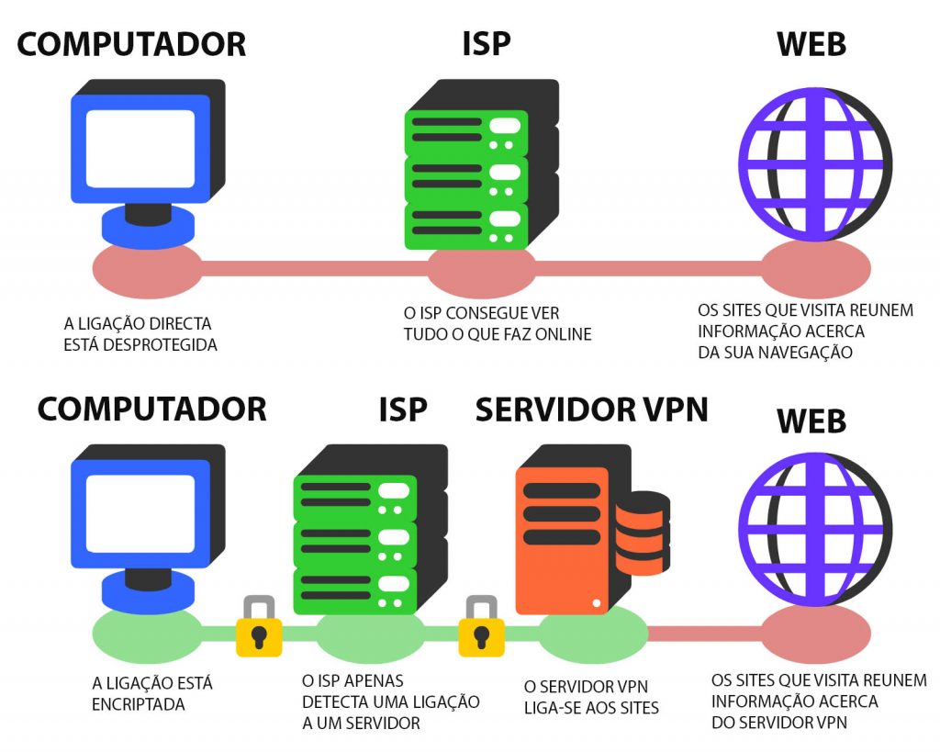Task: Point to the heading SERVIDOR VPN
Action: click(592, 410)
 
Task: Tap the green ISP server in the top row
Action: click(466, 180)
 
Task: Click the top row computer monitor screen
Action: click(140, 148)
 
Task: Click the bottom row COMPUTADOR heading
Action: click(152, 409)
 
